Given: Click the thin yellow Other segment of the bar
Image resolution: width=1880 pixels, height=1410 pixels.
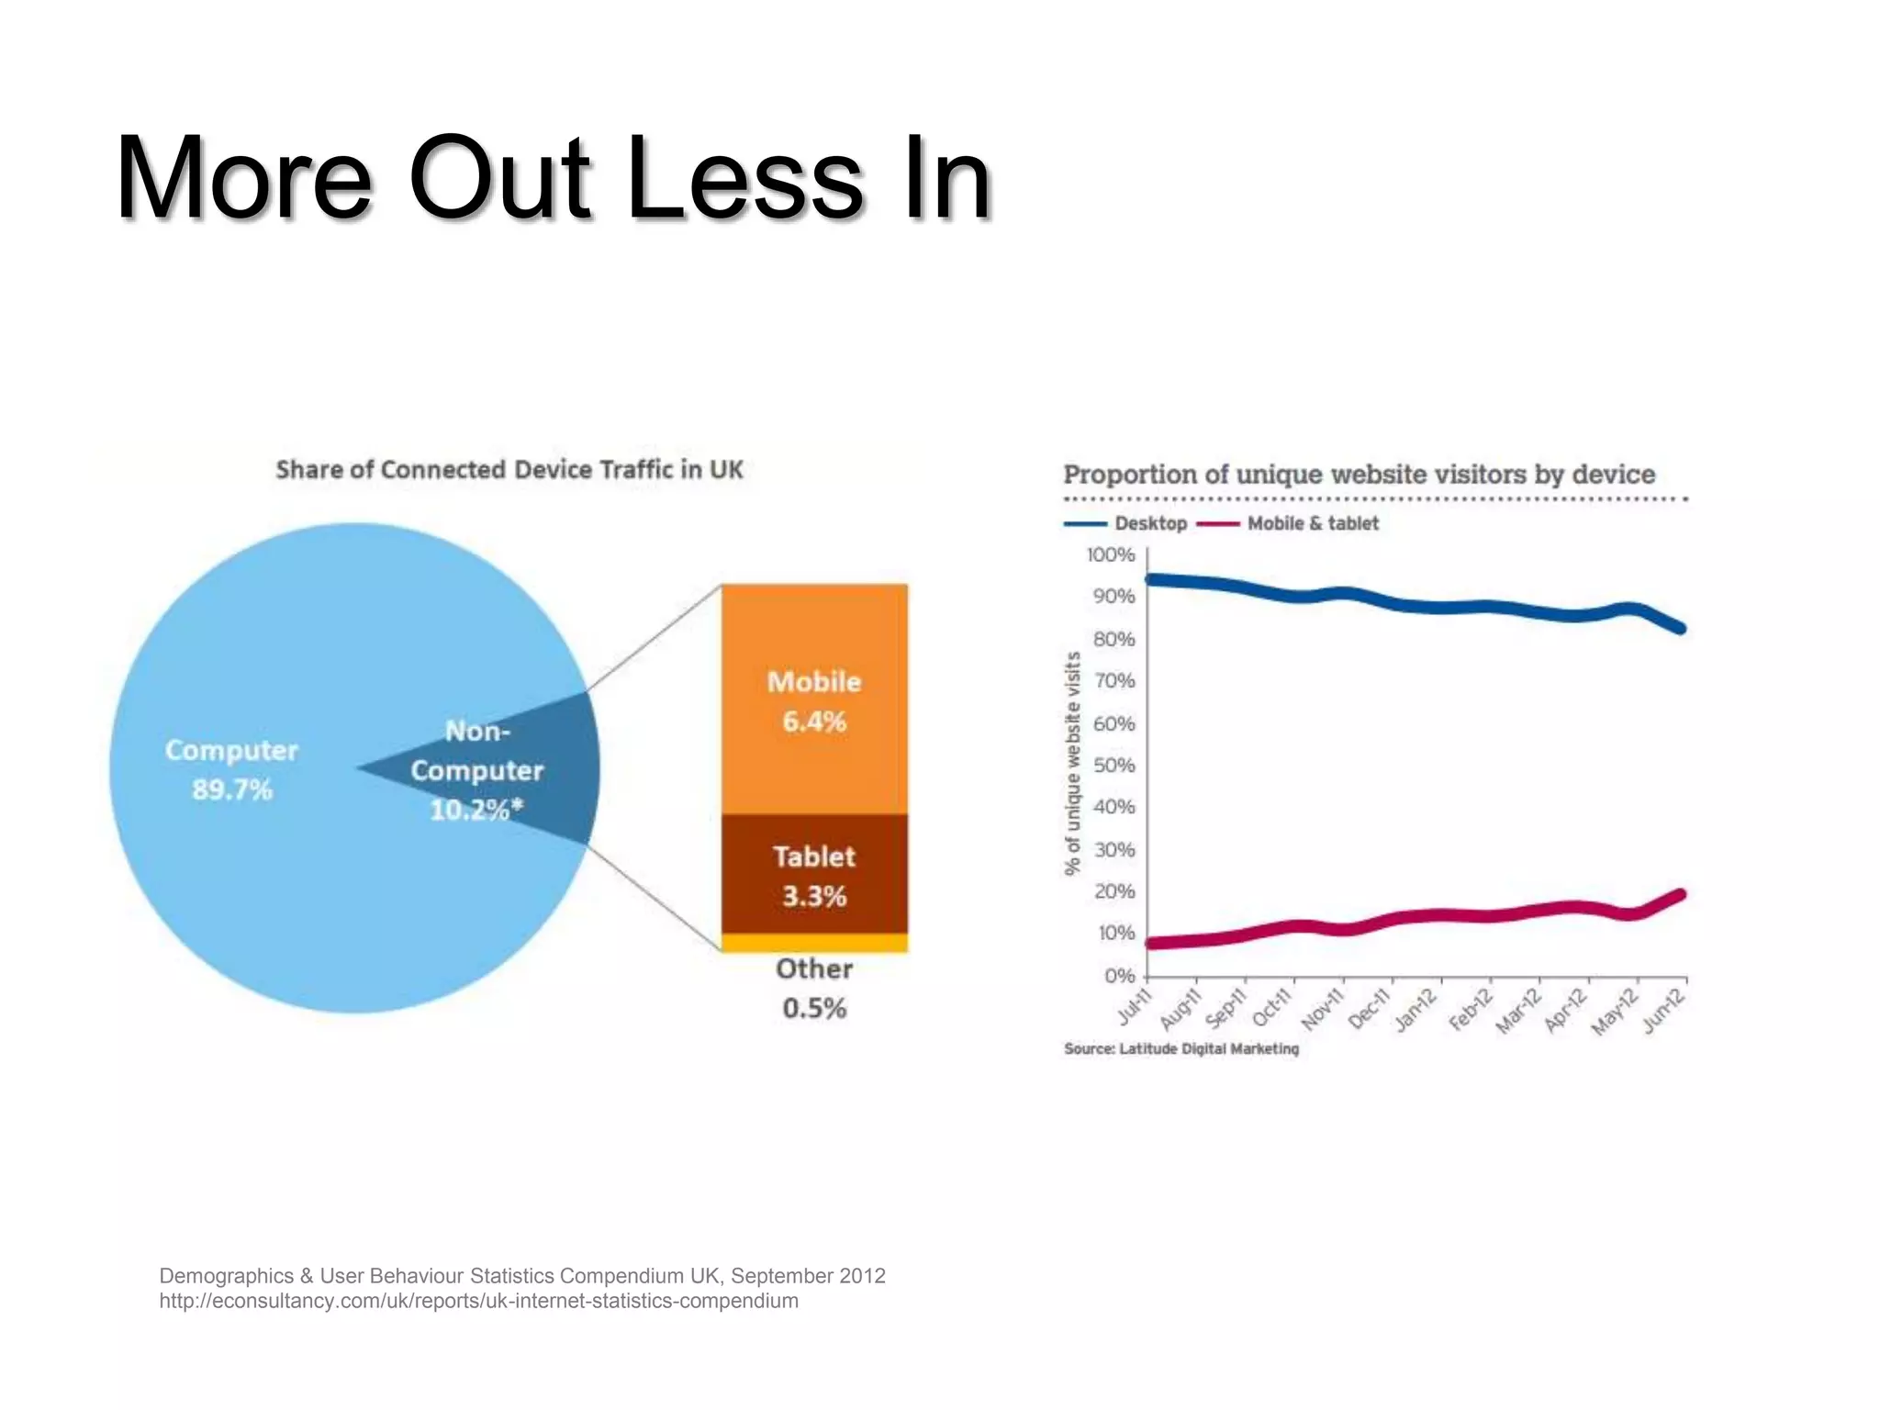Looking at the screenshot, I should point(814,943).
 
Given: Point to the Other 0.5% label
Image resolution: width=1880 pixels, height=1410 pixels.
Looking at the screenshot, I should point(814,989).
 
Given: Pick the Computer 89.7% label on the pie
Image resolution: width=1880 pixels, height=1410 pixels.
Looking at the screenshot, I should point(231,769).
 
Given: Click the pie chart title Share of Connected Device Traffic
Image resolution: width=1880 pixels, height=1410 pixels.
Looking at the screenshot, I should point(509,470).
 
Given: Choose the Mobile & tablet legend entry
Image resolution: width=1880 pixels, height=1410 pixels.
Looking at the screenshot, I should point(1289,523).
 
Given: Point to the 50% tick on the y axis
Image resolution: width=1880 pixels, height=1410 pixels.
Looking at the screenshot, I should point(1113,766).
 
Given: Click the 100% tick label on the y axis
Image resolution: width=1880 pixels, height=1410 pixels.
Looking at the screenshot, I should point(1111,555).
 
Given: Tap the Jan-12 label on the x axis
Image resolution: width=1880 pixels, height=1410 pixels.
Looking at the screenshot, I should point(1415,1011).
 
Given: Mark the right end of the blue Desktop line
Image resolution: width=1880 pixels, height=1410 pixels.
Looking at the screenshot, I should point(1682,629).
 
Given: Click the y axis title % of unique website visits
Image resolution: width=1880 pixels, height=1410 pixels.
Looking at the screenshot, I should point(1072,764).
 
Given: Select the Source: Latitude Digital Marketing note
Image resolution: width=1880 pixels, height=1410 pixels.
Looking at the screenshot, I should point(1181,1048).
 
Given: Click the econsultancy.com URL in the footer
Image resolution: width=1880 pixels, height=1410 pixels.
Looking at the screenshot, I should point(478,1301).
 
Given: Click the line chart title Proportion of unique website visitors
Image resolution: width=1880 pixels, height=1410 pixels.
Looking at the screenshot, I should point(1359,475).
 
